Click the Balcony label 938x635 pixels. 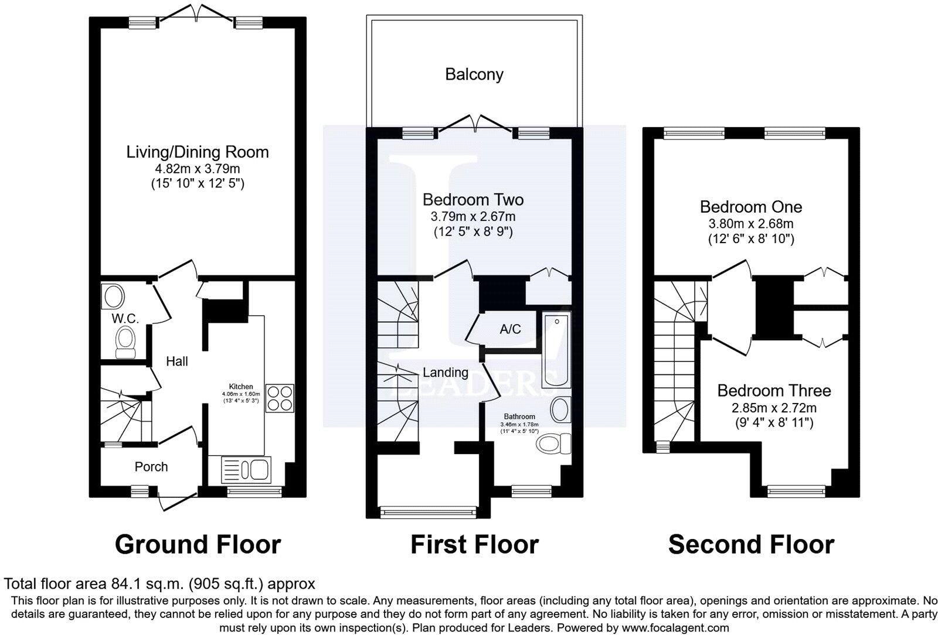tap(474, 74)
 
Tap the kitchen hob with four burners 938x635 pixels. tap(280, 398)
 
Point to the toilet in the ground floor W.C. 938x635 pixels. tap(125, 342)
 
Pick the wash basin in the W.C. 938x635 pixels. tap(111, 296)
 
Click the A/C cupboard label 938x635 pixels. tap(510, 329)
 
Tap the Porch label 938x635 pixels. tap(151, 467)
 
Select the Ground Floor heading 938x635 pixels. tap(198, 545)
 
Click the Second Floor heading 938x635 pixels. tap(751, 545)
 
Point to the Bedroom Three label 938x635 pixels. tap(774, 391)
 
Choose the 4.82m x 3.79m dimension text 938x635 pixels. tap(198, 169)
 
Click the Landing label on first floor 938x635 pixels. tap(446, 373)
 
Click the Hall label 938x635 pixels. tap(176, 361)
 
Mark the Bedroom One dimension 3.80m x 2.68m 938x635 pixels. tap(751, 223)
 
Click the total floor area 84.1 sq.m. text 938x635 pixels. tap(159, 584)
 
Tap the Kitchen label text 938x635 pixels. tap(241, 387)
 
